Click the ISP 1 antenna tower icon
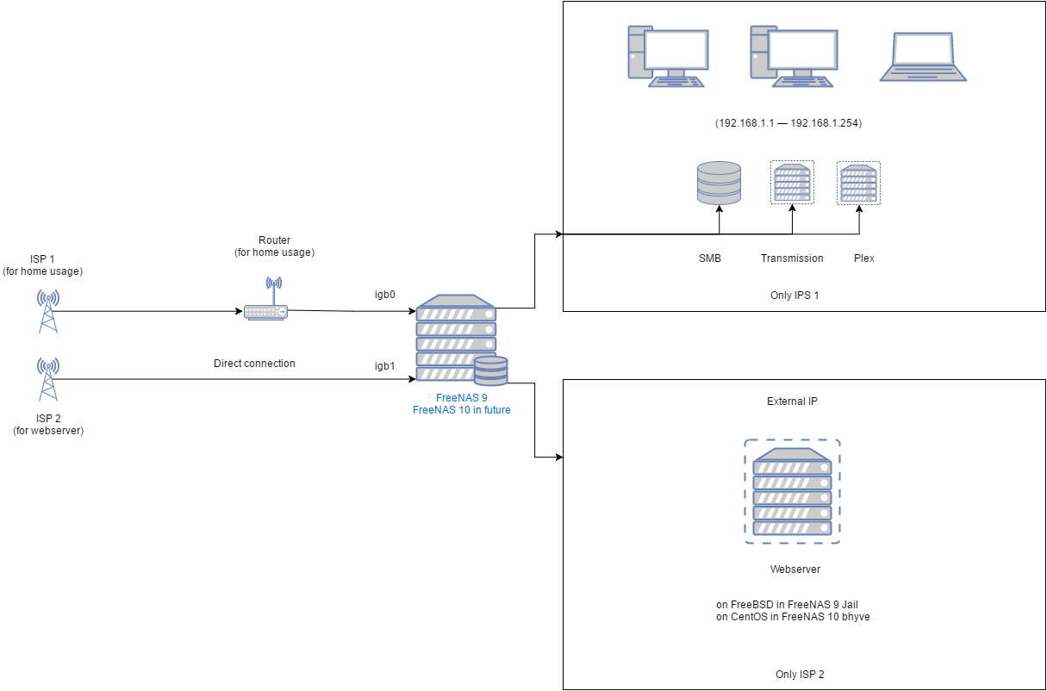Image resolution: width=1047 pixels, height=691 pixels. coord(48,310)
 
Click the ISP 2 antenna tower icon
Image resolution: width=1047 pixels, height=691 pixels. coord(48,379)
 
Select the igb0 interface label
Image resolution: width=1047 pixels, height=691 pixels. coord(385,295)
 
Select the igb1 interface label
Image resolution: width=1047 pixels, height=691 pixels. coord(385,365)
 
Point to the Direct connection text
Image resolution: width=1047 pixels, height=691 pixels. coord(254,364)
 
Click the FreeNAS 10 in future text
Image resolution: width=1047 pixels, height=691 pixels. coord(461,410)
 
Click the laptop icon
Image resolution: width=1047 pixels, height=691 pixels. coord(923,58)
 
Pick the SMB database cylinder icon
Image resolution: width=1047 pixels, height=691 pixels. coord(719,183)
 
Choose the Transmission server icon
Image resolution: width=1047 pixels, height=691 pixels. coord(792,183)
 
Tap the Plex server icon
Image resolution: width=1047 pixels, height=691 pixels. coord(858,183)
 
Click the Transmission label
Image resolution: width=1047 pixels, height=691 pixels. coord(792,258)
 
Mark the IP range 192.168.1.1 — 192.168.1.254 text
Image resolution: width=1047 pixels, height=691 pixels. coord(788,124)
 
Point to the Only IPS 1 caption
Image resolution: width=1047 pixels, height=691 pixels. coord(795,296)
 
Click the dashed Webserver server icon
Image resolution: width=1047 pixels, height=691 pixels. coord(792,492)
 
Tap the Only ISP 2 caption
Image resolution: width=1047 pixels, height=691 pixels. coord(800,674)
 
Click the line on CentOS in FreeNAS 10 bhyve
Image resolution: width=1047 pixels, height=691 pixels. coord(793,617)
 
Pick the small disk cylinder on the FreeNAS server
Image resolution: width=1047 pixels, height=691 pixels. coord(490,370)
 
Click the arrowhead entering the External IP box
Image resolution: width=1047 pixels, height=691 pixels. coord(559,457)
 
